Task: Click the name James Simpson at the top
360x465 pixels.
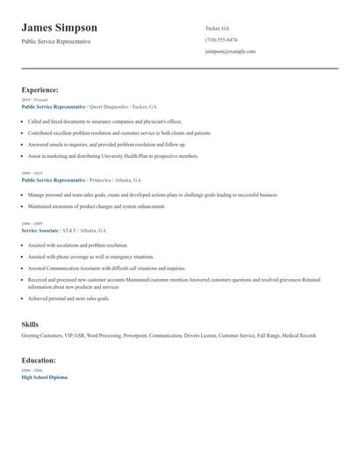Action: click(59, 28)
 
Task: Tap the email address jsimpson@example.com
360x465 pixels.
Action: click(230, 52)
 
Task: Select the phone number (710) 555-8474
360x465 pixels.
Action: click(220, 39)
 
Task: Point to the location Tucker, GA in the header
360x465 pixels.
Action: click(218, 28)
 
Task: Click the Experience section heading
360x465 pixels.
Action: click(40, 89)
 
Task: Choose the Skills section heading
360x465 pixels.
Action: click(30, 325)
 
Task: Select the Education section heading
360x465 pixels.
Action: click(40, 360)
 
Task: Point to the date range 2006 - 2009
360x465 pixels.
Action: click(31, 224)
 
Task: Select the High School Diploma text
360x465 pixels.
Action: click(44, 376)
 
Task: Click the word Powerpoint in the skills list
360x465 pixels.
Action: click(135, 335)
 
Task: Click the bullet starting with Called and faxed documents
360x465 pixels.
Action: click(104, 122)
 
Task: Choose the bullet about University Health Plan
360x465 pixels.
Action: click(113, 156)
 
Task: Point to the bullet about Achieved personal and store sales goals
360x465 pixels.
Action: click(68, 298)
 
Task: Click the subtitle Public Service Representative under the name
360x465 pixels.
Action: click(56, 41)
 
